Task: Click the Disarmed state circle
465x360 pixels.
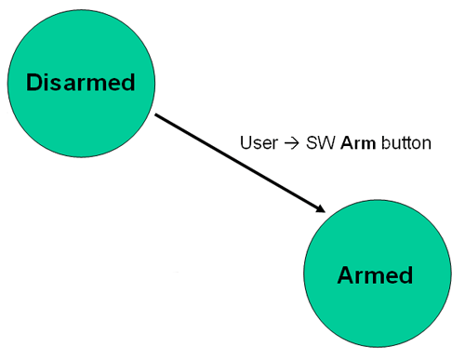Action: click(81, 82)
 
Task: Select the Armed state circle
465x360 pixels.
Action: click(374, 276)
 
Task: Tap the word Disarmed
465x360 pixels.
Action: click(81, 82)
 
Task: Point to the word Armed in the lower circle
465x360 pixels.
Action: click(374, 276)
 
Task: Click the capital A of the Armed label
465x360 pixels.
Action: click(343, 276)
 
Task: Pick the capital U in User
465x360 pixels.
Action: click(245, 145)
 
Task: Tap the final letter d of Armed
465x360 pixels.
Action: click(405, 276)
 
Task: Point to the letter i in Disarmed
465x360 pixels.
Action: click(46, 82)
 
